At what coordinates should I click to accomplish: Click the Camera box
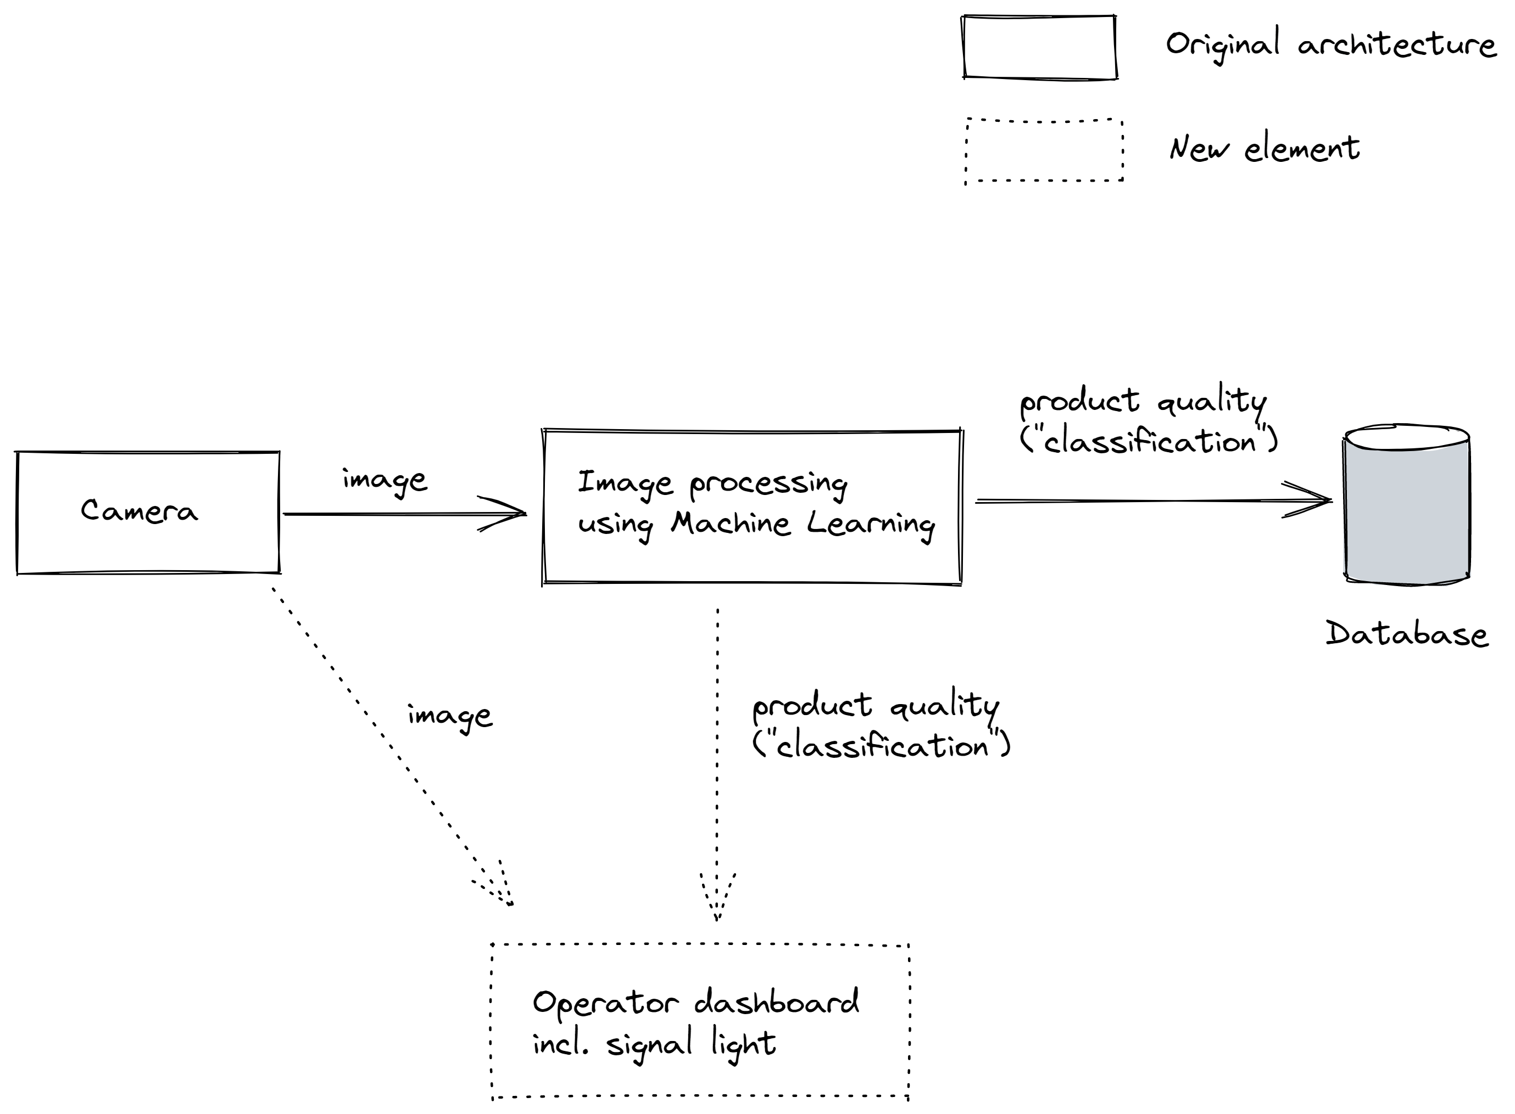click(147, 513)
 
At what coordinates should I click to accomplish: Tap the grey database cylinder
click(1407, 509)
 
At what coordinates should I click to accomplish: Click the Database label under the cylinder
click(1406, 634)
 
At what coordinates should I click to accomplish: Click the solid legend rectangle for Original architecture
click(1039, 47)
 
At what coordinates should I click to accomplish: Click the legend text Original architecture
click(1331, 45)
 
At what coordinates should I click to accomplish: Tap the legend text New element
click(1264, 148)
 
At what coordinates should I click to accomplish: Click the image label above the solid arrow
click(384, 481)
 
